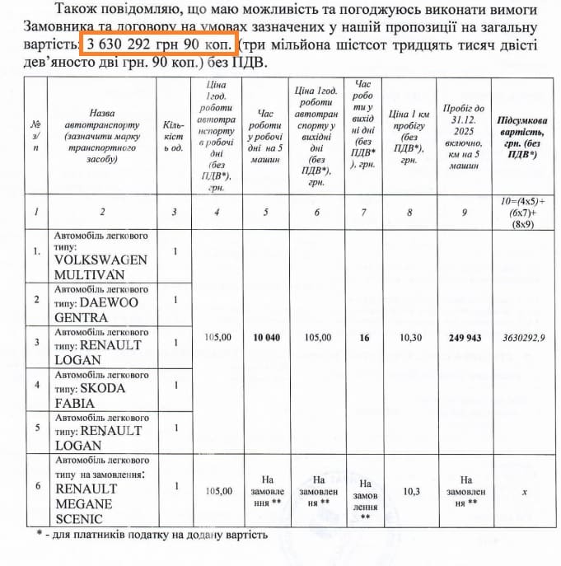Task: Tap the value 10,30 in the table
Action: [409, 337]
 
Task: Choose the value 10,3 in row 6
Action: [409, 490]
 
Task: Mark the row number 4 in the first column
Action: [37, 385]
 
